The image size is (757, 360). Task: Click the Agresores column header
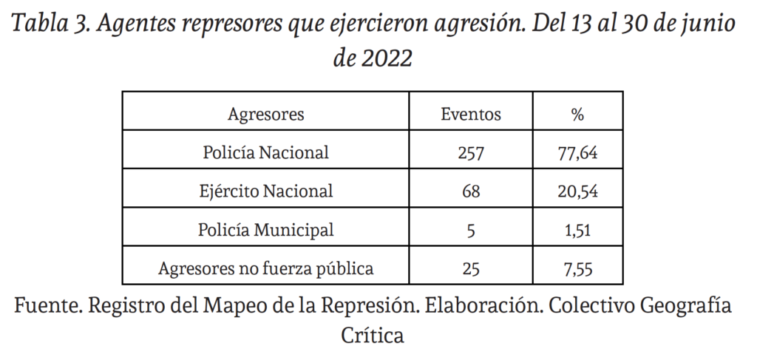click(266, 115)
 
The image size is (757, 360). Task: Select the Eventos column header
click(471, 115)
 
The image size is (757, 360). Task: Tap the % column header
click(577, 115)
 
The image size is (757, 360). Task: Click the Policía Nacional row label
click(266, 153)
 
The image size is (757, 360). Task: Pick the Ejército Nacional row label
click(266, 191)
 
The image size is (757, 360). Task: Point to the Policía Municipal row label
click(266, 230)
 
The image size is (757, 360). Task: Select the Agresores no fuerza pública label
click(266, 268)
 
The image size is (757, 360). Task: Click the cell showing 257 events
click(471, 153)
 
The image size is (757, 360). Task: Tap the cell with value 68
click(471, 191)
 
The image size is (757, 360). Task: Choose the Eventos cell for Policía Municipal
click(471, 230)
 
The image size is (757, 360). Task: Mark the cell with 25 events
click(471, 268)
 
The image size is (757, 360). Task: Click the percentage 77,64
click(577, 153)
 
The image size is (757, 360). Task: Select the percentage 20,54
click(577, 191)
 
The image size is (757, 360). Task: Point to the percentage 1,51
click(577, 230)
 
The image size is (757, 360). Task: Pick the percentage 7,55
click(577, 268)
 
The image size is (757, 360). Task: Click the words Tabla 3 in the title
click(50, 24)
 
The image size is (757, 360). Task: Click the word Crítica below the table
click(373, 336)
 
